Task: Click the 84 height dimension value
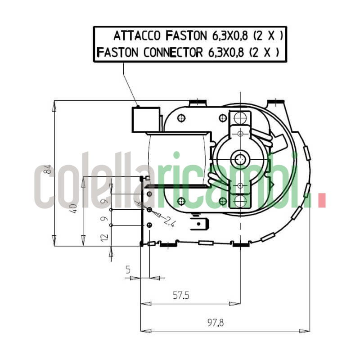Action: tap(49, 170)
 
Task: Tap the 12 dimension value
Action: tap(105, 237)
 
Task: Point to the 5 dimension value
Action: tap(128, 270)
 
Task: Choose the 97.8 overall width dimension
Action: tap(216, 323)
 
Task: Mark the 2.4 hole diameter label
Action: tap(169, 221)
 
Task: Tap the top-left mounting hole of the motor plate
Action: tap(181, 118)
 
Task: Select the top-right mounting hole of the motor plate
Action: tap(222, 118)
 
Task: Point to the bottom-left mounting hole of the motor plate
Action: tap(181, 201)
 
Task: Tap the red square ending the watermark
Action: tap(321, 201)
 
